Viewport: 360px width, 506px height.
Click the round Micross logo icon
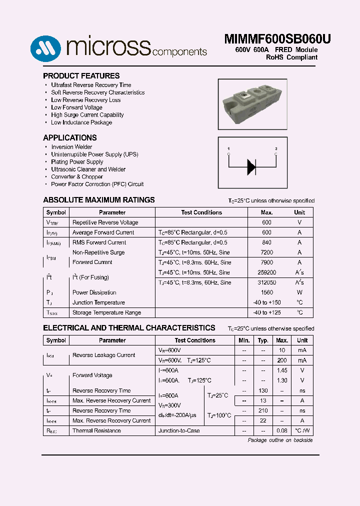click(x=45, y=48)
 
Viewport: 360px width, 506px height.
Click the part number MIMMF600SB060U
click(x=277, y=39)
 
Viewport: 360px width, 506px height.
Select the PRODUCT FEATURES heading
click(x=81, y=76)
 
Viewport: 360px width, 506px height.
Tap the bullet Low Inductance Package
click(x=81, y=122)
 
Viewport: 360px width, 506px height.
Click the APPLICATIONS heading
click(x=70, y=138)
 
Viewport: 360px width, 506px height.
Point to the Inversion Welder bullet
click(x=71, y=147)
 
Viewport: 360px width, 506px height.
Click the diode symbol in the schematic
click(x=251, y=166)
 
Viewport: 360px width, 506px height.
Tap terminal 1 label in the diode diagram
click(x=228, y=149)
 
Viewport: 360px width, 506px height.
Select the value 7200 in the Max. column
click(x=266, y=252)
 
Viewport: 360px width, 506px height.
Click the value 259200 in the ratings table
click(x=266, y=272)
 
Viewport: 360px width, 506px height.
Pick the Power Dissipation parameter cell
click(x=94, y=292)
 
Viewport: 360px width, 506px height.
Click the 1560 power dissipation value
click(x=266, y=292)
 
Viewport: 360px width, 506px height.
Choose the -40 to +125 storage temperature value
click(x=266, y=312)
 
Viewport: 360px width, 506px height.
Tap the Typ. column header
click(x=263, y=340)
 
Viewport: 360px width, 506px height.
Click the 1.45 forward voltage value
click(x=281, y=370)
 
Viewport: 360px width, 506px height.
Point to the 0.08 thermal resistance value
click(x=281, y=430)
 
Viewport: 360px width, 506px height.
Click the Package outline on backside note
click(x=280, y=440)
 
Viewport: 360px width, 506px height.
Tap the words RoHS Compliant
click(x=291, y=57)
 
